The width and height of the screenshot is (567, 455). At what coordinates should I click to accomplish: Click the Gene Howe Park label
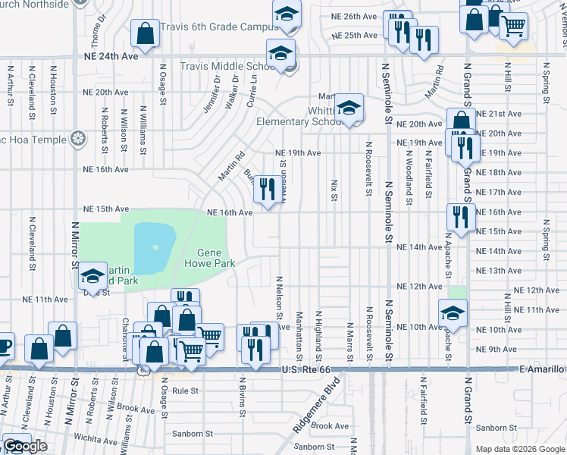210,258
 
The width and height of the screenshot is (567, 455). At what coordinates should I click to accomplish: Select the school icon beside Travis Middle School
280,55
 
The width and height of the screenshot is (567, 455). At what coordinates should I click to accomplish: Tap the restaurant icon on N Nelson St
265,190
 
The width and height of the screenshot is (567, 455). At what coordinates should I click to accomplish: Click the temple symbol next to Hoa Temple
77,138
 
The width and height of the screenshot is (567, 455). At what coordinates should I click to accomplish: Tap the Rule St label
185,391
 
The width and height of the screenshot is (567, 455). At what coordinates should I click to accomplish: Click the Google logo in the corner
25,446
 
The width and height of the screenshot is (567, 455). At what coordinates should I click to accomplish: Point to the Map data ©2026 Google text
520,449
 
